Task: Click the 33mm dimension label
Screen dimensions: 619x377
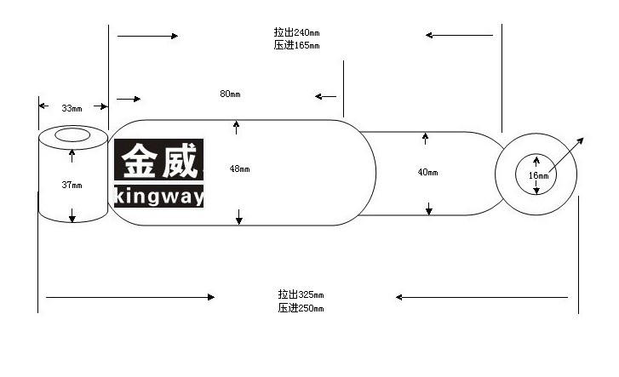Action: [72, 108]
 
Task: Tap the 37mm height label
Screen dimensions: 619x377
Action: [72, 185]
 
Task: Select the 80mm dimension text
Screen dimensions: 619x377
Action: [230, 94]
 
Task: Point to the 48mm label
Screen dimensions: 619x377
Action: [239, 169]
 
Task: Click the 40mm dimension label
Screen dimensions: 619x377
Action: [428, 172]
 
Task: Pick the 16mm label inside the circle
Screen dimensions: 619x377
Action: [539, 175]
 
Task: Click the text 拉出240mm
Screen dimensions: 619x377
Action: [296, 32]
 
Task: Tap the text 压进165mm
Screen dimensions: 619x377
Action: [296, 45]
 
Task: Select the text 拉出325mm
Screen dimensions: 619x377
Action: [301, 294]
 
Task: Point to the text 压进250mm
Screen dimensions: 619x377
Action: [301, 308]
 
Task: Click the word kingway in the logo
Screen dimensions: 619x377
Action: [158, 197]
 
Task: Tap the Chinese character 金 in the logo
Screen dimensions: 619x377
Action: [139, 161]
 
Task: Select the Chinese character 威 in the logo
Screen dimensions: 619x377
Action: [180, 161]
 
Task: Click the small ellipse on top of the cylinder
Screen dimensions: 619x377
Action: [72, 134]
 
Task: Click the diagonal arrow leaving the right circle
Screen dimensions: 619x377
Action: [566, 155]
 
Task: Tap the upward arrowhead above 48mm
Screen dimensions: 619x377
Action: [236, 124]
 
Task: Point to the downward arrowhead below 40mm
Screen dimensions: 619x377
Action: [429, 210]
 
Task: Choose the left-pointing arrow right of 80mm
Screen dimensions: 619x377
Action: [326, 96]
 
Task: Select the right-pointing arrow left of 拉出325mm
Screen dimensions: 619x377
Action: [130, 297]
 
